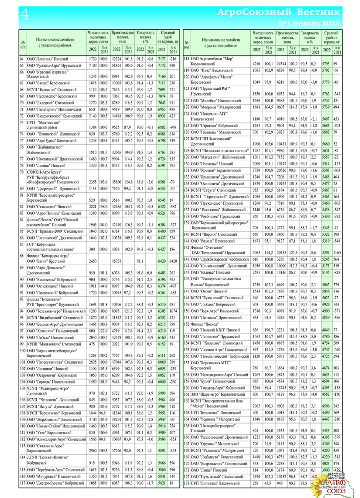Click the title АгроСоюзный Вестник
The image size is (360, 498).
tap(278, 12)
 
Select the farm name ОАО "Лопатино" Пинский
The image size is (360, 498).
tap(47, 59)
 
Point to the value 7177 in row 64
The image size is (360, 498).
tap(162, 59)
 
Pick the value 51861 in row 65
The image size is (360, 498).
tap(116, 66)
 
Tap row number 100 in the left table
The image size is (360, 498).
tap(22, 351)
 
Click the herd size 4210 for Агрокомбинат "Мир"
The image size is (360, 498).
tap(256, 64)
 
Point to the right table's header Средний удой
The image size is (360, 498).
tap(331, 37)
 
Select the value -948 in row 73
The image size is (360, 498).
tap(173, 128)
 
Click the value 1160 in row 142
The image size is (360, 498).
tap(337, 253)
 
